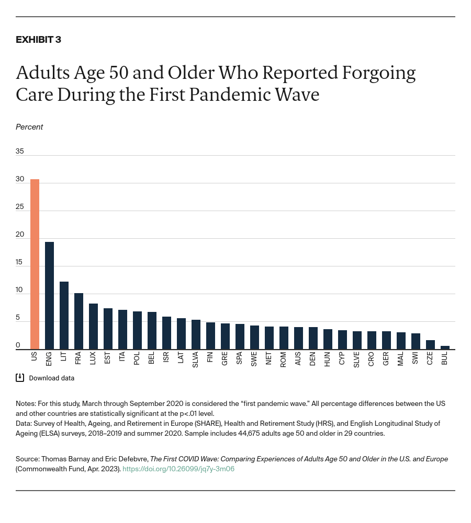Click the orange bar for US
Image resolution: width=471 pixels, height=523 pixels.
pos(35,264)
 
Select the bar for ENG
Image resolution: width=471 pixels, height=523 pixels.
pos(49,295)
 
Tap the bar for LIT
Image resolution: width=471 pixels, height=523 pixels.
pos(64,315)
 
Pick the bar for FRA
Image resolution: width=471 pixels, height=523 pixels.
pos(78,321)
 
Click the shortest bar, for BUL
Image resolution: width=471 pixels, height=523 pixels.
pos(445,347)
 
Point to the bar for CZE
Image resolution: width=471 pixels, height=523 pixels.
pos(430,344)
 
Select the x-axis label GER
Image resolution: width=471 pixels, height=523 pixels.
pos(386,359)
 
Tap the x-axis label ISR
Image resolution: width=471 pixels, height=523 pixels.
pos(166,358)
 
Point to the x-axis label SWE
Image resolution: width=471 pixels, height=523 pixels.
pos(254,359)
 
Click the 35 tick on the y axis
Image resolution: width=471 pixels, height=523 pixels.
pos(20,151)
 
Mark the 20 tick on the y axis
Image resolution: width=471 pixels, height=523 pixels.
pos(20,234)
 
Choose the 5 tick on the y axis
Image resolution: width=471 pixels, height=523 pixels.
pos(18,317)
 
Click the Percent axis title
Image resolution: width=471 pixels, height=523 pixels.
pos(29,127)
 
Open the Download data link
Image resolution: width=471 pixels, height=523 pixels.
pos(51,378)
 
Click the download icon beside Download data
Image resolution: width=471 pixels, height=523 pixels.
pos(20,378)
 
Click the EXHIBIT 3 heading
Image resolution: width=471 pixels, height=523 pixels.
pos(38,40)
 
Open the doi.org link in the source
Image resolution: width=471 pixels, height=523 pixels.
pos(178,469)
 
